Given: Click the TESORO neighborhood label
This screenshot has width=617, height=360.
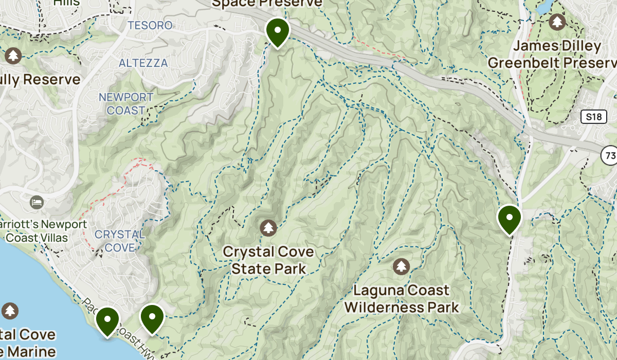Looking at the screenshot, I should (x=142, y=25).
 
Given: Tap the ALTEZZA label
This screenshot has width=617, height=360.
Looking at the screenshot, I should (x=143, y=63).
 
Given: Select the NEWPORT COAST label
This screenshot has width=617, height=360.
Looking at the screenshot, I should (x=126, y=103).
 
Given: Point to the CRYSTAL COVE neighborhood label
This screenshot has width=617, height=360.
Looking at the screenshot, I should (x=119, y=241).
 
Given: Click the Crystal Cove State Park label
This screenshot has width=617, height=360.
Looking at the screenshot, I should (x=268, y=260).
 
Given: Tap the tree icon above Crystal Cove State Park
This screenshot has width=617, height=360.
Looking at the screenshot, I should (x=268, y=227).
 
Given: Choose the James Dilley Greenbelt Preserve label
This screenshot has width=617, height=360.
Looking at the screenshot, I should (x=551, y=55).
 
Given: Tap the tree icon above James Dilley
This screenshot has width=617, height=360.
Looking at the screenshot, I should (x=557, y=22).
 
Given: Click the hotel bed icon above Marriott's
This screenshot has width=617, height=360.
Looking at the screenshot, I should (x=37, y=202).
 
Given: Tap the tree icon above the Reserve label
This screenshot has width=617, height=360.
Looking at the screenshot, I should (x=13, y=55).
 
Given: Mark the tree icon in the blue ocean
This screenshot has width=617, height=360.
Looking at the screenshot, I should (x=10, y=311).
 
